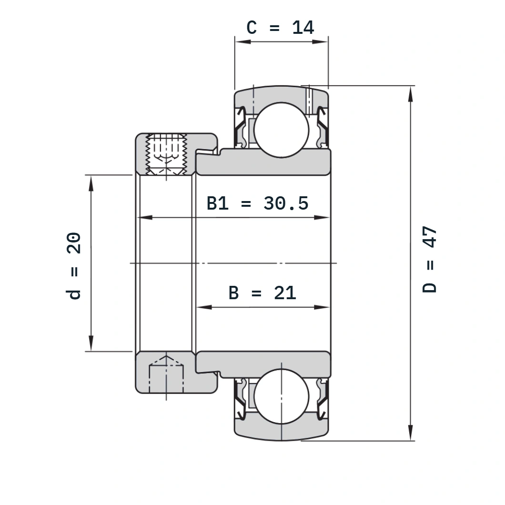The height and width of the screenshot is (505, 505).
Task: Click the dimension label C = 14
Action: (x=280, y=27)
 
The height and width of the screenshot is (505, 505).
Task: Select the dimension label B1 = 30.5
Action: (x=257, y=203)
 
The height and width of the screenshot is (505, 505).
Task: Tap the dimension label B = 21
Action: (x=262, y=293)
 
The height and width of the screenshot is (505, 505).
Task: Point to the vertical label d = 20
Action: (x=73, y=266)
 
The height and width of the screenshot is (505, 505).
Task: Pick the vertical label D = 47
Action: (x=429, y=259)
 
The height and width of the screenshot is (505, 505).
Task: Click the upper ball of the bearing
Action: (x=282, y=130)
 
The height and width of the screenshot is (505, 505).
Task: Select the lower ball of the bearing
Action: (x=282, y=396)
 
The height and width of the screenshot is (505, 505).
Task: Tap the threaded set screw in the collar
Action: (x=166, y=154)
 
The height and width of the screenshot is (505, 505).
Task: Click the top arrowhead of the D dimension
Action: (x=410, y=94)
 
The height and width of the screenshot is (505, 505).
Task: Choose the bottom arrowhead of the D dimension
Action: (x=410, y=433)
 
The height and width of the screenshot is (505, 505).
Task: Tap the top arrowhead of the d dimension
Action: (x=91, y=183)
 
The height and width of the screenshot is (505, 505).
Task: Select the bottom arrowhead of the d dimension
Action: (x=91, y=343)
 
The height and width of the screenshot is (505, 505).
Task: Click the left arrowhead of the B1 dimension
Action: (x=145, y=217)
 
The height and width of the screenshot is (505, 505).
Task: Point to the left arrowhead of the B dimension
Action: (x=204, y=307)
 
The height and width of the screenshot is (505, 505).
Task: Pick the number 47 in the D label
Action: (x=429, y=237)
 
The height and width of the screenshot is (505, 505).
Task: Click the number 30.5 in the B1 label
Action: (x=286, y=203)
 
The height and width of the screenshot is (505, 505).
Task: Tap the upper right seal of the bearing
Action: (x=322, y=128)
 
